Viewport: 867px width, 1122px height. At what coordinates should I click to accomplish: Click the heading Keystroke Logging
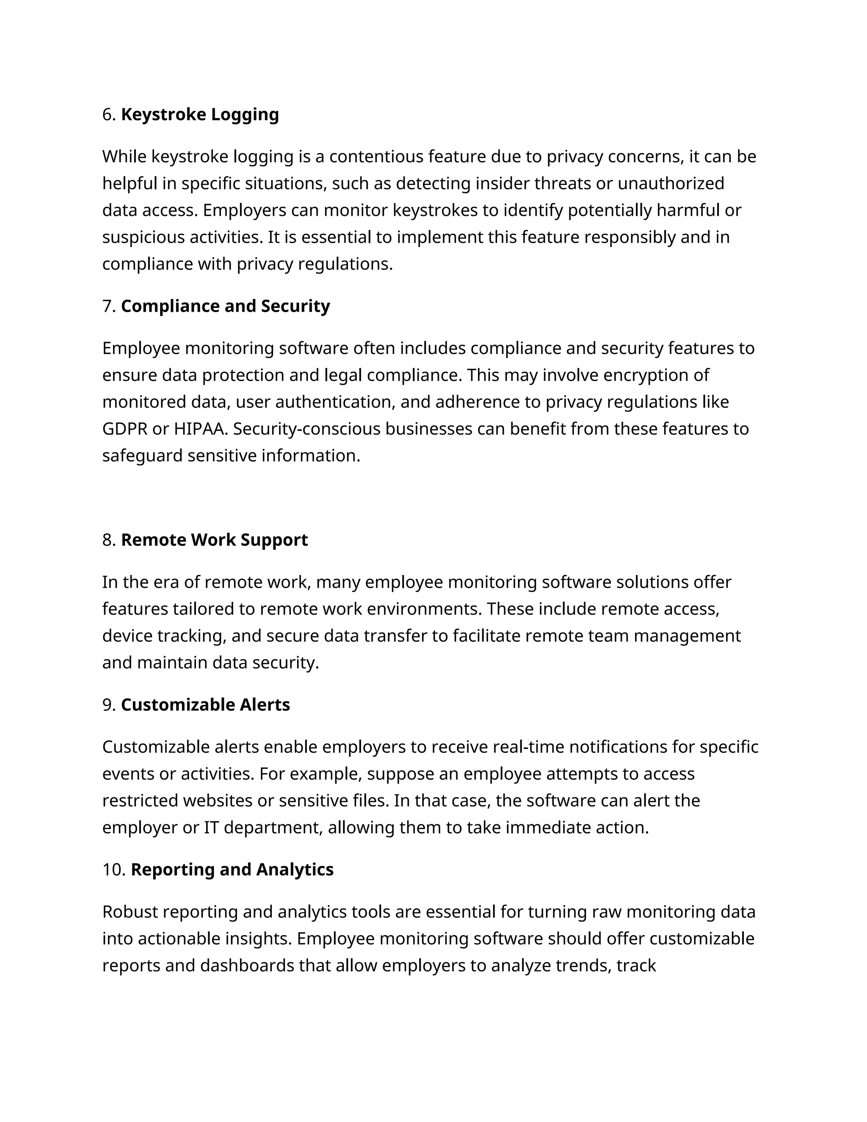(200, 115)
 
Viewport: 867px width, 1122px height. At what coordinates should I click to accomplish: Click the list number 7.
(108, 306)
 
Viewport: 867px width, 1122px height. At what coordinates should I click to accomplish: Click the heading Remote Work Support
(214, 540)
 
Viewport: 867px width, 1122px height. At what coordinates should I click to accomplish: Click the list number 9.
(108, 705)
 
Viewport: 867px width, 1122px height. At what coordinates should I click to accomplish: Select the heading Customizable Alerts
(205, 705)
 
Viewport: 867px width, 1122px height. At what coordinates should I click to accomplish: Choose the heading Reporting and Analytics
(232, 870)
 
